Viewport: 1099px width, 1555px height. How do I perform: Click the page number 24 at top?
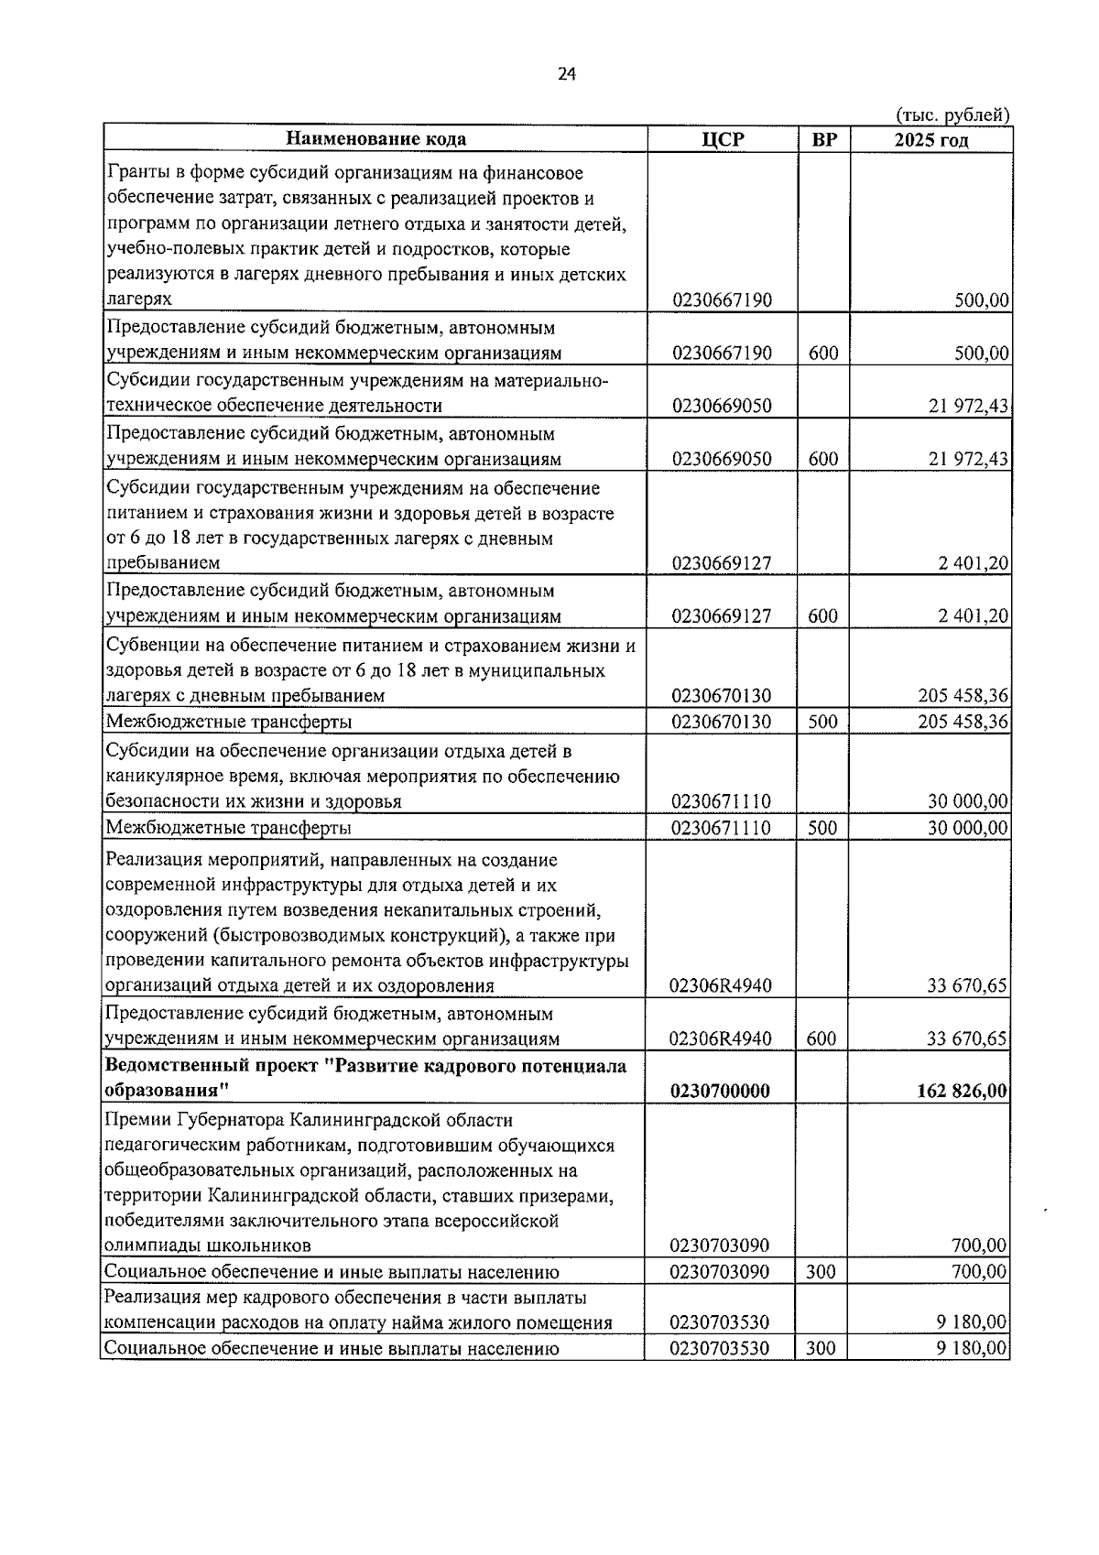[x=566, y=75]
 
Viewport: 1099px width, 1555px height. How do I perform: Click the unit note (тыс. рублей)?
[x=952, y=115]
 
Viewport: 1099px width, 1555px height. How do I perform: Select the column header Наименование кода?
[x=375, y=139]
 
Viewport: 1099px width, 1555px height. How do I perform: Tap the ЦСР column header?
[x=723, y=139]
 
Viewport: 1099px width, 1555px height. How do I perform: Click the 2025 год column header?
[x=930, y=139]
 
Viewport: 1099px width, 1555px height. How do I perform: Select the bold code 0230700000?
[x=720, y=1091]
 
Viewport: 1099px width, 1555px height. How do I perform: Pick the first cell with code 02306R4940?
[x=721, y=985]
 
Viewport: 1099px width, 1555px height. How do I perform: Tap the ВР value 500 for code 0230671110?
[x=823, y=828]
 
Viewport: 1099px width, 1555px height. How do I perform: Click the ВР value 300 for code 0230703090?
[x=822, y=1271]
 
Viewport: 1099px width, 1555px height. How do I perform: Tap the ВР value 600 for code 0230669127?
[x=823, y=616]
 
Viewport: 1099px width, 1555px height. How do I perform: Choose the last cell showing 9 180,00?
[x=975, y=1348]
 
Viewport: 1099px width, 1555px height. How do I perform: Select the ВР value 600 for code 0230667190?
[x=823, y=353]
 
